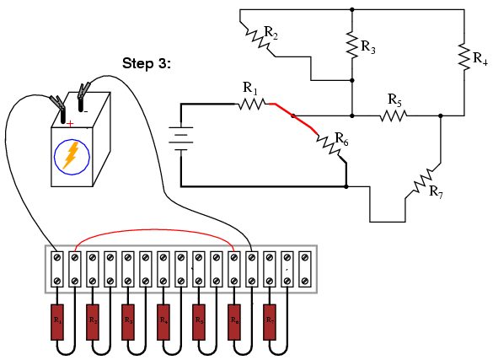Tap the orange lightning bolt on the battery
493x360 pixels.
coord(72,154)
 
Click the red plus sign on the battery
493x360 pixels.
coord(69,124)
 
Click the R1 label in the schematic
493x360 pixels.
coord(251,88)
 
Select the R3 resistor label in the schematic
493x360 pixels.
coord(368,47)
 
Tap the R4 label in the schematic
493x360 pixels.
coord(479,59)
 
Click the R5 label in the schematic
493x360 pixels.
coord(394,99)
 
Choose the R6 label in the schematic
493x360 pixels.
coord(341,137)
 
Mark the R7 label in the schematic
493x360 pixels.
coord(435,191)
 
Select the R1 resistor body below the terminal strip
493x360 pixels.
coord(57,320)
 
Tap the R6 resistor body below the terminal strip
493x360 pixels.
coord(234,320)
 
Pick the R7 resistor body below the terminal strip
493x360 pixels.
coord(270,320)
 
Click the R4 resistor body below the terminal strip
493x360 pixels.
coord(163,320)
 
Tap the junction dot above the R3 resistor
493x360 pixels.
coord(351,10)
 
